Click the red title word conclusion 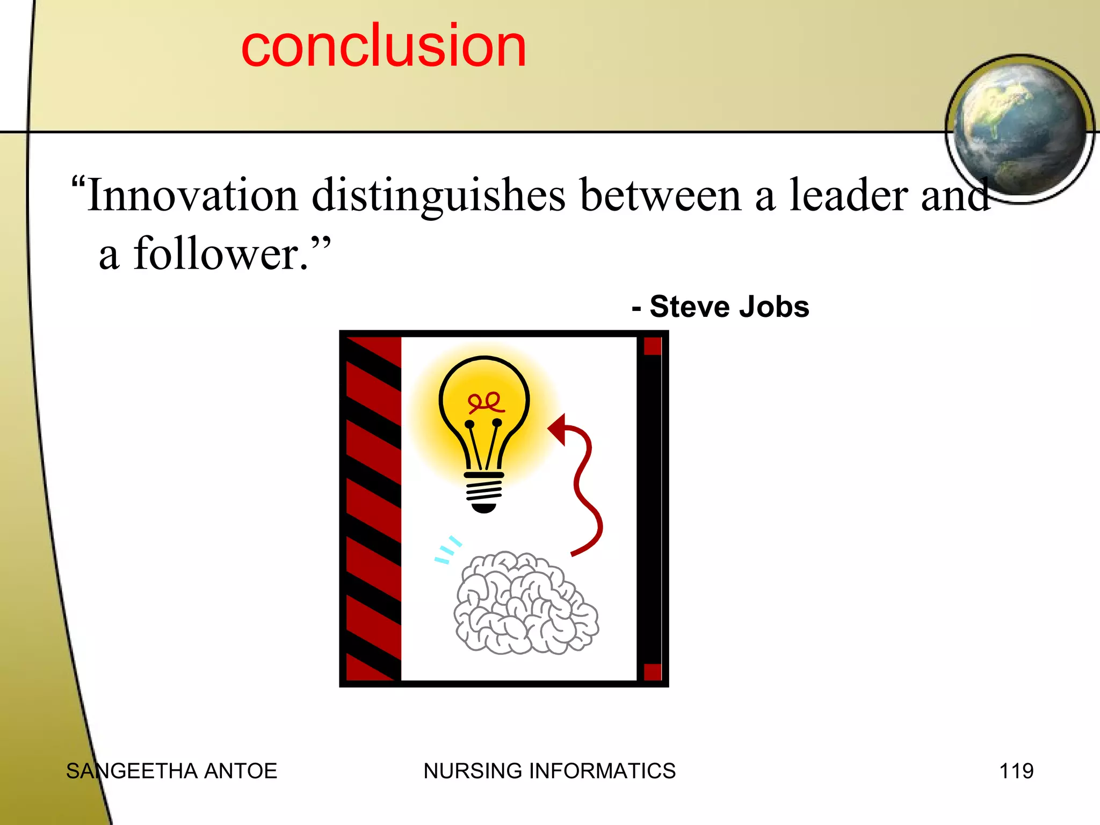click(x=383, y=46)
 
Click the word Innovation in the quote click(x=192, y=195)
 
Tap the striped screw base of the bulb click(x=484, y=491)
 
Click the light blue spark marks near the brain click(x=447, y=550)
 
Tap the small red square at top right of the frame click(x=652, y=346)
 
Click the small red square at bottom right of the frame click(x=652, y=672)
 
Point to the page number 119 click(x=1016, y=771)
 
